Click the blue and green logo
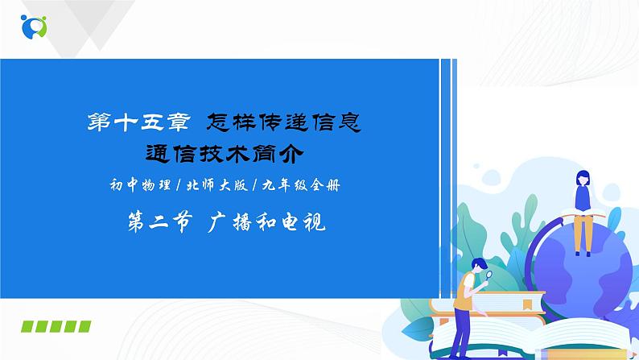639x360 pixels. click(x=34, y=27)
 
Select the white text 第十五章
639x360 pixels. click(x=139, y=122)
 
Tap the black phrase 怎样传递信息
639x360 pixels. click(x=283, y=122)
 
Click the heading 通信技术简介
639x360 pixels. click(x=225, y=154)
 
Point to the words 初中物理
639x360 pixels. click(x=140, y=185)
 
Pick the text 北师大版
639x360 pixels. click(x=217, y=185)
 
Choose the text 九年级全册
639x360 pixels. click(x=301, y=185)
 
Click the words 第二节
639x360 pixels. click(x=159, y=222)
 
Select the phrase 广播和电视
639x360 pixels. click(x=266, y=222)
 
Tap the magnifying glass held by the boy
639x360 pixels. click(x=489, y=275)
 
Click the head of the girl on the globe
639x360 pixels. click(x=583, y=178)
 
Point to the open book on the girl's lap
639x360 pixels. click(x=583, y=213)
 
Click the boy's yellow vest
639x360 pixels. click(x=464, y=292)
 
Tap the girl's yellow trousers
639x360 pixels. click(x=583, y=234)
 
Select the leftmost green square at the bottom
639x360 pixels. click(x=27, y=326)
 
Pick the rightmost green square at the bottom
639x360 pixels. click(x=85, y=326)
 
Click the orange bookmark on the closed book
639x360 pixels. click(x=528, y=304)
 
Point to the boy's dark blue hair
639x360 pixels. click(x=480, y=263)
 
